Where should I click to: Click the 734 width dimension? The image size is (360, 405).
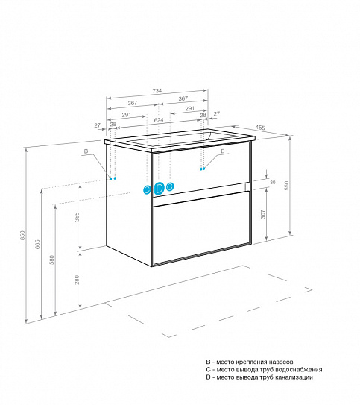[157, 91]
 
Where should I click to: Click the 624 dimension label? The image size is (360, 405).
[159, 120]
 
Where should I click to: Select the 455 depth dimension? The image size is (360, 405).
[260, 128]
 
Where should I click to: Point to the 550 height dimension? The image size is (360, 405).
[287, 186]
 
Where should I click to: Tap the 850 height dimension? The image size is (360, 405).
[22, 236]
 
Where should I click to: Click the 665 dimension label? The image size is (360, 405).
[38, 245]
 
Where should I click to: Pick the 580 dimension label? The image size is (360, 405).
[52, 260]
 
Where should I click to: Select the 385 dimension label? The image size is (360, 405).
[77, 217]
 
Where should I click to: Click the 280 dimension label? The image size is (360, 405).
[77, 280]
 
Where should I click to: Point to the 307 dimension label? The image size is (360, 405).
[263, 214]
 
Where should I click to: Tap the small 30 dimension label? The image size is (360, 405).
[273, 182]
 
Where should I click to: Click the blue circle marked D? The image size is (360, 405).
[159, 188]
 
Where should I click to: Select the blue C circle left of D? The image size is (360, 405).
[147, 190]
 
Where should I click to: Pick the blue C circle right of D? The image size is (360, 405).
[170, 186]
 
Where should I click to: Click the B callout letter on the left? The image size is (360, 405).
[86, 151]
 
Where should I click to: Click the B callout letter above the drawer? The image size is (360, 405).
[223, 151]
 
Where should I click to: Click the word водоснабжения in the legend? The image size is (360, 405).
[299, 370]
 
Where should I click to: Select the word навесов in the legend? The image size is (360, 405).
[280, 362]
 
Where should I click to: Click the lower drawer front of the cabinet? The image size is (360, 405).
[201, 228]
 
